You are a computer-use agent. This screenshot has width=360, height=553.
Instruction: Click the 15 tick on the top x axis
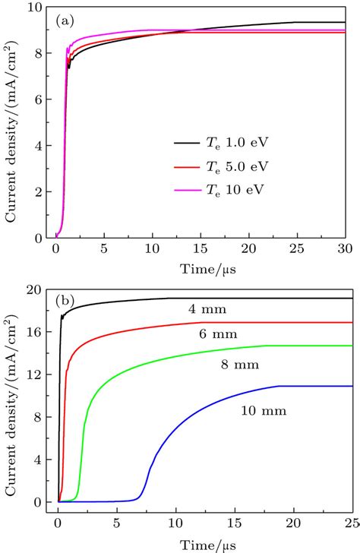click(x=201, y=250)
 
